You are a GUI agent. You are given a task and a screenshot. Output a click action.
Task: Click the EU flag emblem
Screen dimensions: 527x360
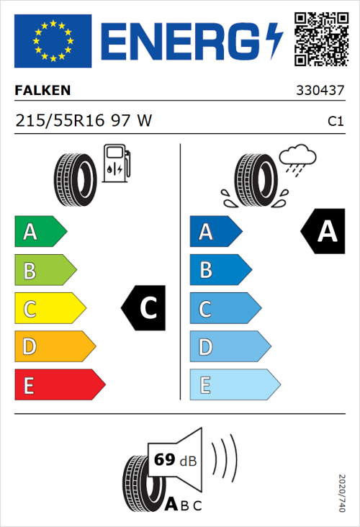(x=53, y=41)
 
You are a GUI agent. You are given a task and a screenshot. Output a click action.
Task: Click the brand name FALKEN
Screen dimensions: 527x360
(x=43, y=91)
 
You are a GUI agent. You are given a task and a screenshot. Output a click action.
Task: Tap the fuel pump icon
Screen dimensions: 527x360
(x=116, y=163)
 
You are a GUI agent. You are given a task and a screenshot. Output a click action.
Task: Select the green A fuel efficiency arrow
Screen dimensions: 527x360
(x=40, y=232)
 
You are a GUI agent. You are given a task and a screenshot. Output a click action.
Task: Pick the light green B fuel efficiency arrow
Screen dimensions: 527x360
(x=45, y=270)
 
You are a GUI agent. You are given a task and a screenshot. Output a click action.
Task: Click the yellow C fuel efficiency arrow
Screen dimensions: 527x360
(x=49, y=308)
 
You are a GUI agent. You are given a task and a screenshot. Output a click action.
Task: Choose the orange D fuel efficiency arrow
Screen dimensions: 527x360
(x=54, y=346)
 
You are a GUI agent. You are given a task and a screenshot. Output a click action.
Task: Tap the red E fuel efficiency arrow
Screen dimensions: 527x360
(x=59, y=384)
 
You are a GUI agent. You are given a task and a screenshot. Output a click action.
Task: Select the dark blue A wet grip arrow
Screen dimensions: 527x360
(x=215, y=232)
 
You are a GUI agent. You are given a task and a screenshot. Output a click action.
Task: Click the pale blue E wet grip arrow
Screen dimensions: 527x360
(x=233, y=384)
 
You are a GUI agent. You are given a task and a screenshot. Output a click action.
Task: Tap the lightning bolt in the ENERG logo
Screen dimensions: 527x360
(x=274, y=41)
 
